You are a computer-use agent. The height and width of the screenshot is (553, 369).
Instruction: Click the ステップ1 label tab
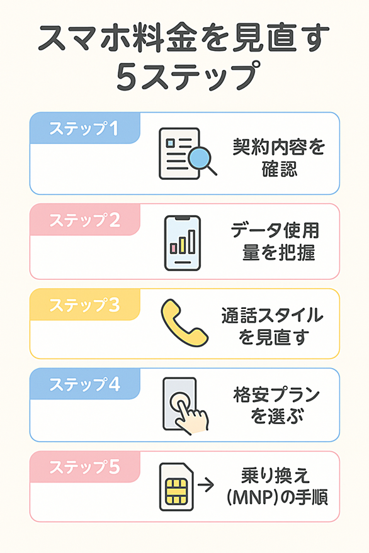point(85,128)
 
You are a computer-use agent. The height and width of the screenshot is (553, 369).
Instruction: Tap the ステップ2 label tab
point(85,220)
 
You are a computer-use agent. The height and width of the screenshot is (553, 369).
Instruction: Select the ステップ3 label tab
point(85,304)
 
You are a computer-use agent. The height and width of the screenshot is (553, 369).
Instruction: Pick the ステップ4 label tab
point(85,384)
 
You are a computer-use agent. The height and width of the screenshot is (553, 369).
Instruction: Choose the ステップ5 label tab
point(85,467)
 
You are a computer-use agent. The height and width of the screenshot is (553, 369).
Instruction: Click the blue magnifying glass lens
point(200,158)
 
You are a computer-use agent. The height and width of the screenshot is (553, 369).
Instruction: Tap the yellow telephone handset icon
point(184,323)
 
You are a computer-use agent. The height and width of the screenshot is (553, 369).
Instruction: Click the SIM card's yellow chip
point(176,491)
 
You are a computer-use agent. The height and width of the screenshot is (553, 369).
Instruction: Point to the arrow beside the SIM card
point(206,485)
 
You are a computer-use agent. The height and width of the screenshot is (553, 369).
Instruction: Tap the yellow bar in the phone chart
point(183,245)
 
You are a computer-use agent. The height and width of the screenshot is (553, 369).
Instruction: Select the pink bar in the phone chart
point(173,249)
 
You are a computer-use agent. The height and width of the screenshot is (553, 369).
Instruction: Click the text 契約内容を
point(278,147)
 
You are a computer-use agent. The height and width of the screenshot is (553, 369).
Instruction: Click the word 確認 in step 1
point(280,169)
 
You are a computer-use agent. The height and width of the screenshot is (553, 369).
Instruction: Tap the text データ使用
point(275,231)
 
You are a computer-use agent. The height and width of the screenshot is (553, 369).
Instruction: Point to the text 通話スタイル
point(272,315)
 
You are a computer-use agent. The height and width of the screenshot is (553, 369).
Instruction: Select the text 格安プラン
point(276,394)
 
